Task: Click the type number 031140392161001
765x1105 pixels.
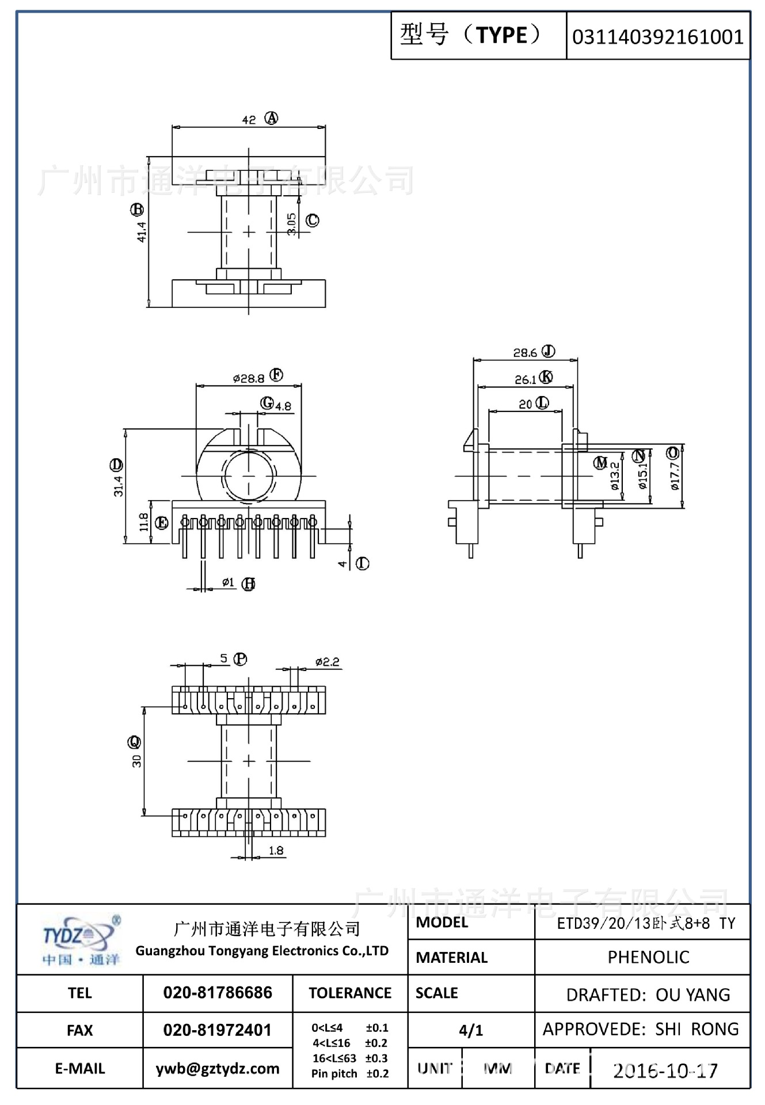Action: [x=657, y=37]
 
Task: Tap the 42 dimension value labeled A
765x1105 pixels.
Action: [x=249, y=120]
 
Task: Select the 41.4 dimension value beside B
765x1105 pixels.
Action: [x=142, y=231]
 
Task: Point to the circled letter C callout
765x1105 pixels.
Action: [x=312, y=220]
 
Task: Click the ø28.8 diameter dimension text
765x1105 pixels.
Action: [x=249, y=378]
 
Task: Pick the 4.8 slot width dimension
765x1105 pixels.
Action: [x=283, y=406]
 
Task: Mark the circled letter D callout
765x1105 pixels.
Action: [x=117, y=464]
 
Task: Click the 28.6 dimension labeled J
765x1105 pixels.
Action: [x=524, y=353]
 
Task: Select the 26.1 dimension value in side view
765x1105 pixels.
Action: [x=525, y=380]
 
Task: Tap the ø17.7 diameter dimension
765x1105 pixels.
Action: [x=675, y=476]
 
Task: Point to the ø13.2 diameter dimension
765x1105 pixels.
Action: [x=615, y=476]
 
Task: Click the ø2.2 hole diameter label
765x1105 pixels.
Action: [x=327, y=662]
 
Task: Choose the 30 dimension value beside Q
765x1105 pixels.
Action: [x=136, y=761]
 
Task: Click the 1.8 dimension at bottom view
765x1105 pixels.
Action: [x=276, y=851]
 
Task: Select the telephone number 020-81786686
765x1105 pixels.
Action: [x=218, y=993]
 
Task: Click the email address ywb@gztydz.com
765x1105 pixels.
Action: [x=218, y=1069]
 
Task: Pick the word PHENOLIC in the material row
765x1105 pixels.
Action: [x=648, y=957]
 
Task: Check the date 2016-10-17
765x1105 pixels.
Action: [x=665, y=1070]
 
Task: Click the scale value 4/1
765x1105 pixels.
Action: [x=471, y=1030]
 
